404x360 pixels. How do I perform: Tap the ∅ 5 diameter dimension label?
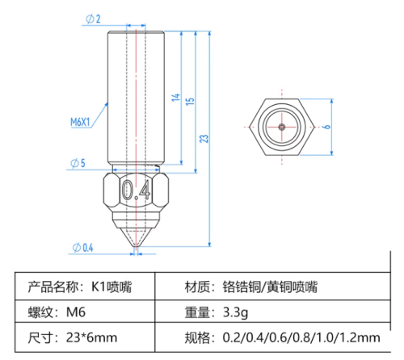[78, 164]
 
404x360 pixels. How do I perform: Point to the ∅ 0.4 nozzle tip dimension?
[83, 247]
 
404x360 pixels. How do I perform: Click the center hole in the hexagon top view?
[280, 127]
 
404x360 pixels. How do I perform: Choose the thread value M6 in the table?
[76, 312]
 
